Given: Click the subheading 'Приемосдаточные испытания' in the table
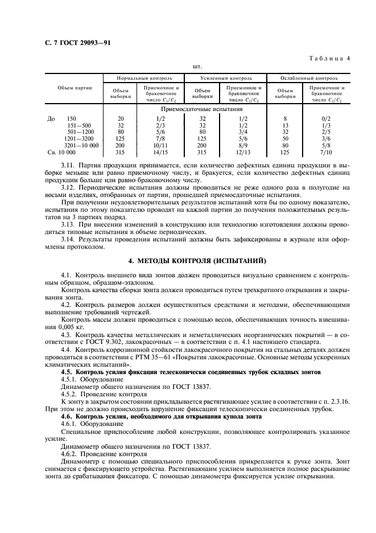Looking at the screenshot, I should (210, 108).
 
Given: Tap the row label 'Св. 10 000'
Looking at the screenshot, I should (59, 152).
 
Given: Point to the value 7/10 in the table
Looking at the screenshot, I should (327, 152).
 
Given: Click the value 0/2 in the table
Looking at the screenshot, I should (327, 118).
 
